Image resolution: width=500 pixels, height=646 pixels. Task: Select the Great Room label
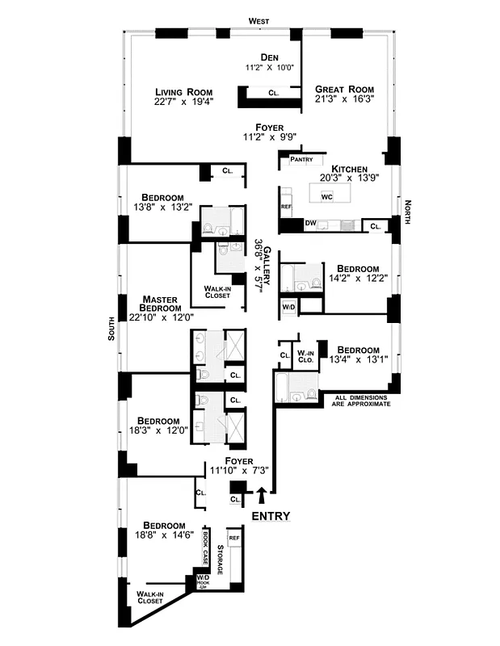click(x=344, y=89)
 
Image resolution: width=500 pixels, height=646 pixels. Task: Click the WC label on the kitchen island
click(x=327, y=196)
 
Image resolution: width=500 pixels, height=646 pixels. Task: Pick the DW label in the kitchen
click(x=310, y=223)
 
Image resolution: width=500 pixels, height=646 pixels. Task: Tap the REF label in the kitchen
click(x=285, y=207)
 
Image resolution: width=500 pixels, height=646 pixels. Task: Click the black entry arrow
click(x=261, y=495)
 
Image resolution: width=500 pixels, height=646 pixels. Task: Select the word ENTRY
click(x=271, y=516)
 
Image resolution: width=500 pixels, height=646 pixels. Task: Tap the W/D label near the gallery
click(x=288, y=308)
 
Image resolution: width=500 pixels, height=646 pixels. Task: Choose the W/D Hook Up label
click(x=203, y=584)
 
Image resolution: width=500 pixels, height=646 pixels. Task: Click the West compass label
click(x=258, y=20)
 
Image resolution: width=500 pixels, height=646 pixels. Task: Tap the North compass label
click(x=409, y=215)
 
